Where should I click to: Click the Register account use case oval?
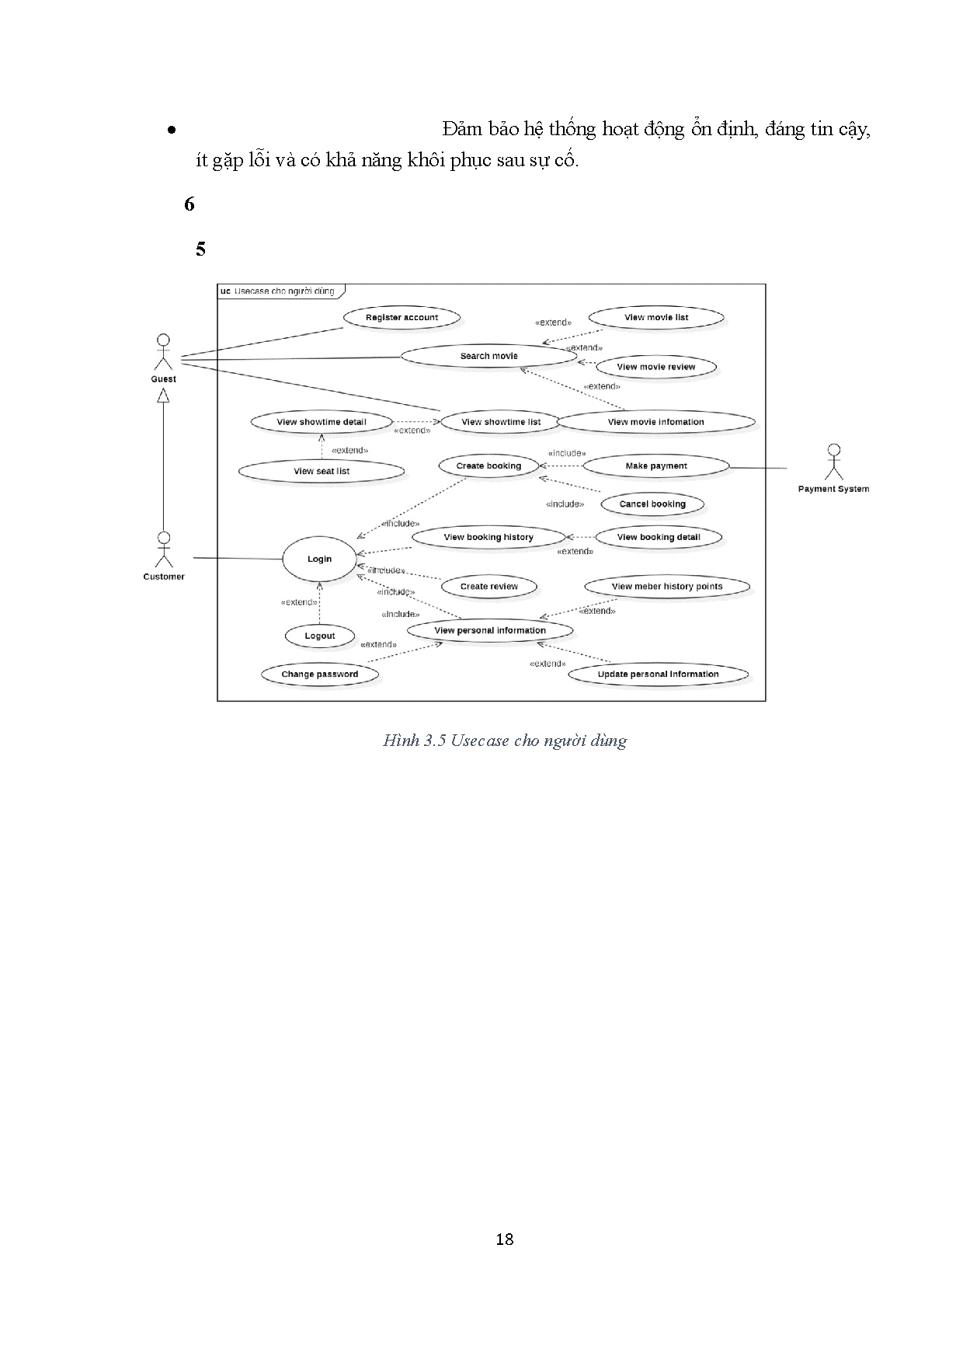coord(402,317)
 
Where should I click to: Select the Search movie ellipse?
coord(488,356)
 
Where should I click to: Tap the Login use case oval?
coord(319,559)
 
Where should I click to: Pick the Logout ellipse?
coord(319,636)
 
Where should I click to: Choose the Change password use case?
coord(319,674)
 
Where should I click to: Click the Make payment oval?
coord(656,465)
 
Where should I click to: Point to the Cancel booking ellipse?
coord(652,504)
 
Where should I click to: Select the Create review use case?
coord(488,586)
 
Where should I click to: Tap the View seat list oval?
coord(322,471)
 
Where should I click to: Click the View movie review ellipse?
coord(656,367)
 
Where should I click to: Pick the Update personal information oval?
coord(658,674)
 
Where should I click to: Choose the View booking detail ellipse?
coord(659,537)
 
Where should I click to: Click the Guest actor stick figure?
coord(163,354)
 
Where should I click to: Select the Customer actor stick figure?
coord(163,550)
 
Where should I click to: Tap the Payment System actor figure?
coord(833,462)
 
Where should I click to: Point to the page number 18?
coord(505,1239)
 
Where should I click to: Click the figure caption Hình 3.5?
coord(505,741)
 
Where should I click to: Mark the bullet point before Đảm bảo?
coord(171,131)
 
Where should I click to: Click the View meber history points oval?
coord(666,586)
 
